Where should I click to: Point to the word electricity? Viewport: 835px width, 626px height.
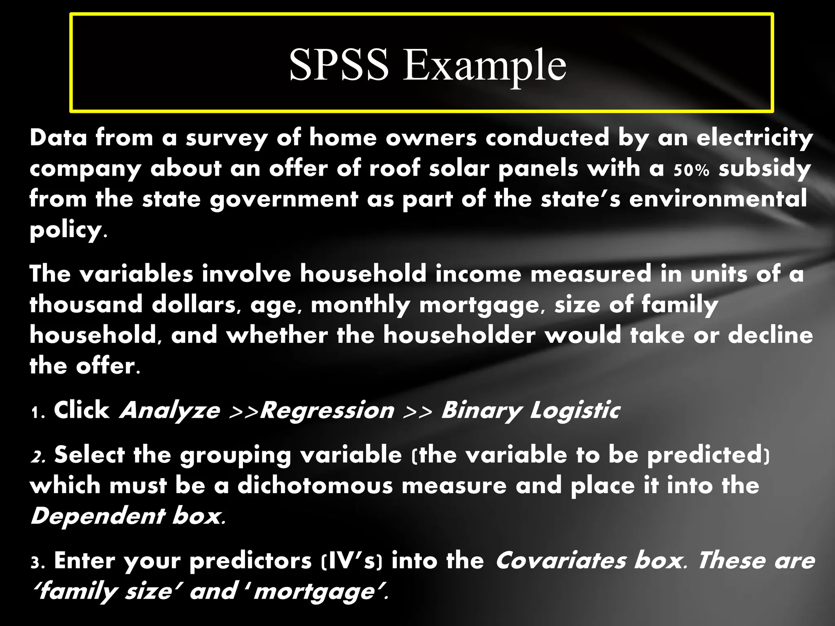click(755, 138)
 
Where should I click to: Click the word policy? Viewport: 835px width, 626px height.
click(66, 231)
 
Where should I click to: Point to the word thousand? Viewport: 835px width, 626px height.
click(86, 304)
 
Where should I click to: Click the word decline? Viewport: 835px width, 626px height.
click(770, 335)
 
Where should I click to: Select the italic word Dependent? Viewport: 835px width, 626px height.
click(97, 517)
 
